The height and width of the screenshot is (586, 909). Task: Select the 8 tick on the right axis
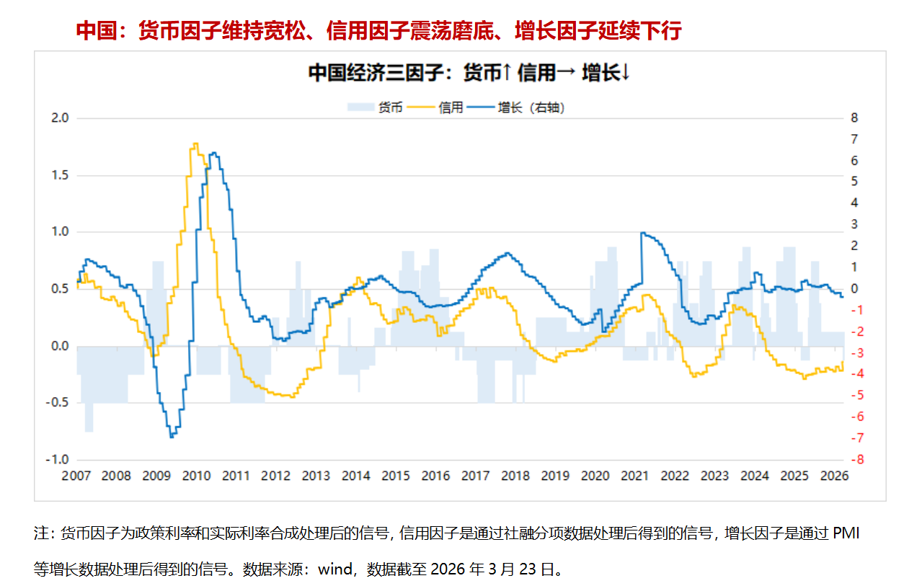coord(854,118)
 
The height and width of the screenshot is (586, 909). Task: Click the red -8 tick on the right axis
coord(856,460)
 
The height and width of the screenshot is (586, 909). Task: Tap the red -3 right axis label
coord(856,353)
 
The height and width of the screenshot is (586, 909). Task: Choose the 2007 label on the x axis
coord(76,476)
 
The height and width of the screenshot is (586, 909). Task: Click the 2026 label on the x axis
coord(834,476)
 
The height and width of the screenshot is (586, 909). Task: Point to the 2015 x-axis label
coord(396,476)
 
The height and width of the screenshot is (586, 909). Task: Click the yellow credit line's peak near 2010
coord(195,144)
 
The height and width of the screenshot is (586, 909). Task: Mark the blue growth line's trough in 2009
coord(172,437)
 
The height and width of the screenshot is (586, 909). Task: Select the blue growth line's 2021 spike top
coord(642,233)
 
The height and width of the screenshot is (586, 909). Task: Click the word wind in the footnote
coord(334,569)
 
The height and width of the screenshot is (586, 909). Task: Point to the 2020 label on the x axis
coord(595,476)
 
